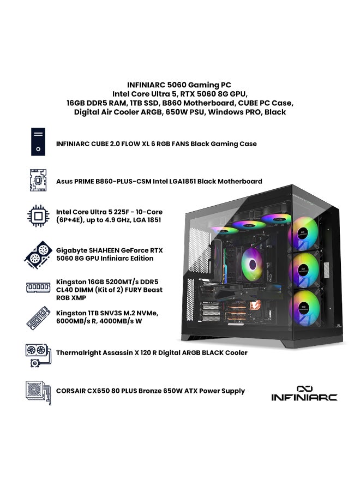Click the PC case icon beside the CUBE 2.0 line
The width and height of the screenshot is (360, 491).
click(38, 142)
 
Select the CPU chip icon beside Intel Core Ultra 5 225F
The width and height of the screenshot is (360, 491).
click(38, 216)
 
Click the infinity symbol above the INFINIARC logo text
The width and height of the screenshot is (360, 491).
click(304, 388)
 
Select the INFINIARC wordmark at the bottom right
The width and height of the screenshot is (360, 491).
click(304, 398)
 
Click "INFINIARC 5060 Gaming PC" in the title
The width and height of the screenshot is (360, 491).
click(179, 85)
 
